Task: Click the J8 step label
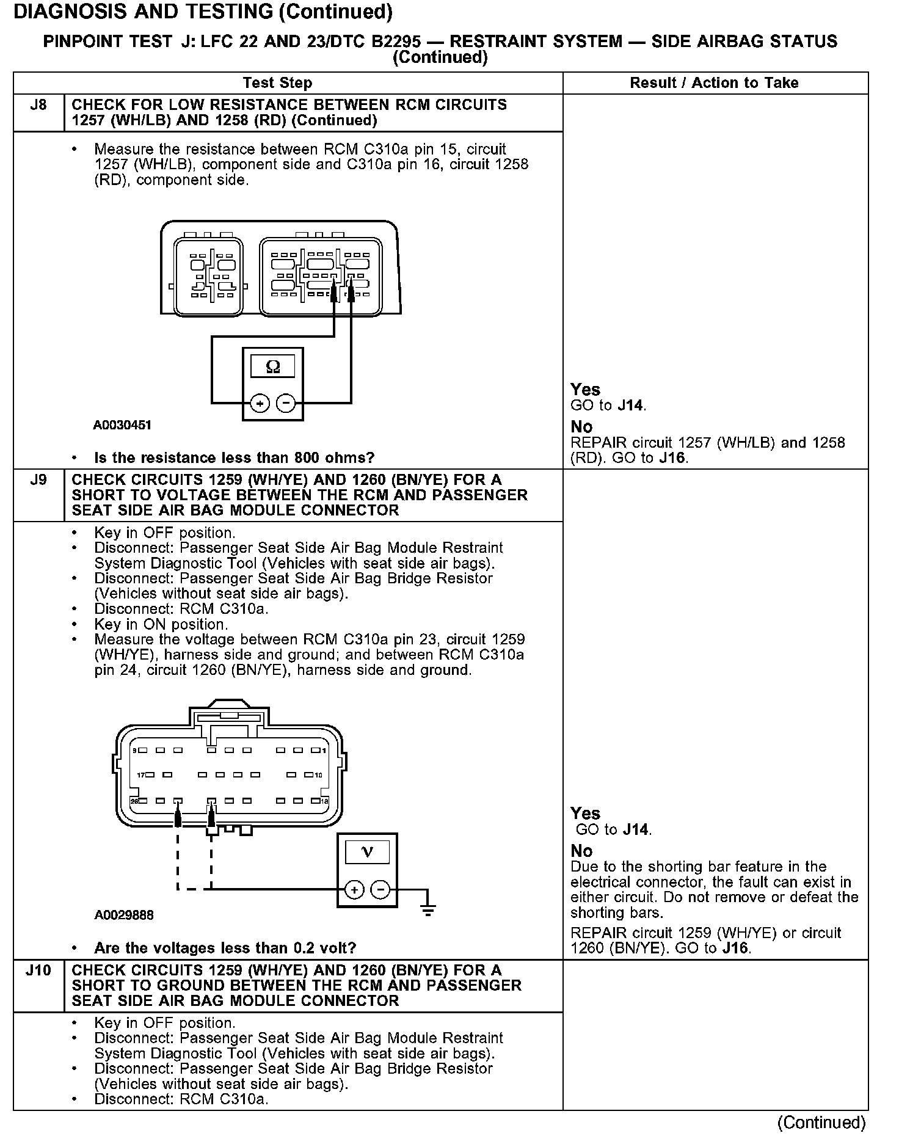tap(38, 105)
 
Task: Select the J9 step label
tap(38, 480)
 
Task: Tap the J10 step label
tap(38, 970)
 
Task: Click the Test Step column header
tap(277, 83)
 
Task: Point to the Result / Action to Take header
tap(714, 83)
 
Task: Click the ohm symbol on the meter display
tap(273, 366)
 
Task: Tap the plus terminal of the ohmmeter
tap(260, 404)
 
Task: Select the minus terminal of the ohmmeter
tap(286, 404)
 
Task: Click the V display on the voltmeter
tap(367, 852)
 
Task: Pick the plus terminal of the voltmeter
tap(354, 890)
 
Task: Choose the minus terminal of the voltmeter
tap(380, 890)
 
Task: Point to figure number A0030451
tap(122, 425)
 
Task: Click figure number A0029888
tap(124, 915)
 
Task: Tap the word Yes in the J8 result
tap(585, 390)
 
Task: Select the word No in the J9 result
tap(581, 851)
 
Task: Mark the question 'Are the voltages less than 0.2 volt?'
tap(225, 948)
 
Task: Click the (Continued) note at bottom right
tap(821, 1123)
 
